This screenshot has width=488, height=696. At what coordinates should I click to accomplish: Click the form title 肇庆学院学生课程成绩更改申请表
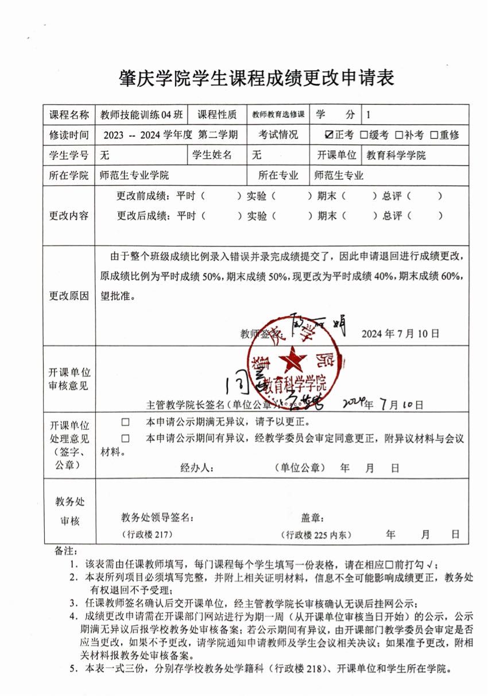tap(257, 77)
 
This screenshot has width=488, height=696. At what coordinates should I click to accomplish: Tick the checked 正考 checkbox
tap(328, 135)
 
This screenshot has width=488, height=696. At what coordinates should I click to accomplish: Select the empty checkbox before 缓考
tap(363, 135)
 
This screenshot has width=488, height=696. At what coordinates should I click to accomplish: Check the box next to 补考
tap(399, 135)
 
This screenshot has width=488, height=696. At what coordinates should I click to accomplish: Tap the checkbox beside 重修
tap(435, 135)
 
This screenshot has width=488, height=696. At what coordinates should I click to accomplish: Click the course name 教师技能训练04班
tap(141, 114)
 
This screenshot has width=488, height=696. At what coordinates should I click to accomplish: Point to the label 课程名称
tap(69, 114)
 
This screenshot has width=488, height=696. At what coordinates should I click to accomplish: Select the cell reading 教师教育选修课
tap(278, 114)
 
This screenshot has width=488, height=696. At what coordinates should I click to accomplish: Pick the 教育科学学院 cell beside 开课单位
tap(396, 155)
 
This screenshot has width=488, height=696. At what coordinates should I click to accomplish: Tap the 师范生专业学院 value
tap(134, 175)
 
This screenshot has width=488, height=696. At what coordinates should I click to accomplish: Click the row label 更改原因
tap(69, 296)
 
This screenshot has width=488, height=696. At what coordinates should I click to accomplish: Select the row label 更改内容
tap(69, 216)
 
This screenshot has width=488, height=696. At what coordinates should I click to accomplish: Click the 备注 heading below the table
tap(66, 551)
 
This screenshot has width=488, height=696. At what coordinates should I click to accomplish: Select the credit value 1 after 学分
tap(368, 114)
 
